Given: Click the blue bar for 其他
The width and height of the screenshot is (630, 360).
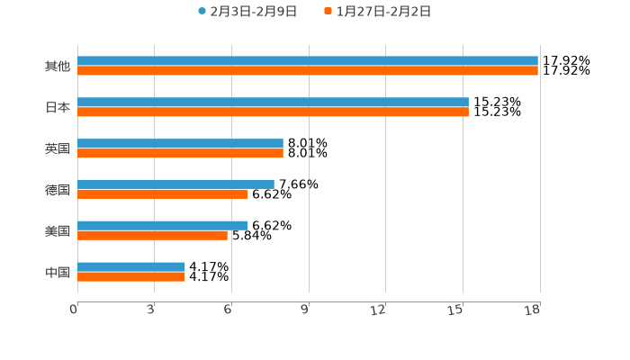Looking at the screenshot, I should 308,61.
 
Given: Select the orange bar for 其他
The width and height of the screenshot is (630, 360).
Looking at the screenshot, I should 308,71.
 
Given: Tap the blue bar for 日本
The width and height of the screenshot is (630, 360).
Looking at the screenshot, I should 273,103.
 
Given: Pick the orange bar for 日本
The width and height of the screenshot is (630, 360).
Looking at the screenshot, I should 273,112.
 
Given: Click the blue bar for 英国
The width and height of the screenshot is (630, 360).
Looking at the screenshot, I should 180,144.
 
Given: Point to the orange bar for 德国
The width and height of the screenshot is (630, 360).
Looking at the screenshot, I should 163,194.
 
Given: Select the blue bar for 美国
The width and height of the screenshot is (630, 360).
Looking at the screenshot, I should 163,226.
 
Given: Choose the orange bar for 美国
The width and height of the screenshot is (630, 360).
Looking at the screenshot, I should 152,236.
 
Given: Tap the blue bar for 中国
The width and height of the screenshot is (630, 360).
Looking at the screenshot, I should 131,267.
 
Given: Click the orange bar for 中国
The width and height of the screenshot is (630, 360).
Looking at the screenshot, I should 131,277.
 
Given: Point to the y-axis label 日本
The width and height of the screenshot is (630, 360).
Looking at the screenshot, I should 58,108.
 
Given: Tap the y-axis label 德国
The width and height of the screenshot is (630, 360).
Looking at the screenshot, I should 58,190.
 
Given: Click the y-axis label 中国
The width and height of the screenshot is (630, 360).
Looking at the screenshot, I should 58,273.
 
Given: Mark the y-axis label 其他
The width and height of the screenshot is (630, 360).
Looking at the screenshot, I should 58,67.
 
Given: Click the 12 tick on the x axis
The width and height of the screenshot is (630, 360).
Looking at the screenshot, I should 379,310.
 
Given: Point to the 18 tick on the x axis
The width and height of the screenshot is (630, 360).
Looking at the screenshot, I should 533,310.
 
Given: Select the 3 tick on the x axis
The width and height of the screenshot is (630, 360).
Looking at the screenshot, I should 151,310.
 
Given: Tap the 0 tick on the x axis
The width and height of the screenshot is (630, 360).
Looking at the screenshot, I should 75,310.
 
